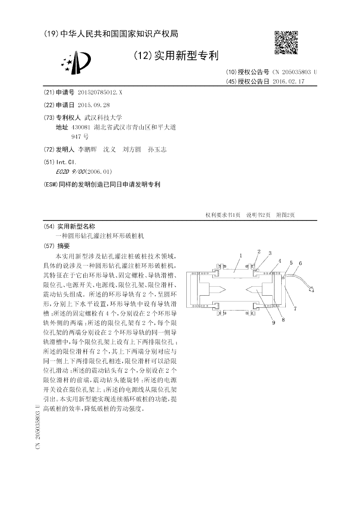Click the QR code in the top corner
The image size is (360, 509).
click(286, 42)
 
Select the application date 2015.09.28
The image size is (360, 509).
click(94, 105)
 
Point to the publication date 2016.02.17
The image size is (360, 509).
click(288, 81)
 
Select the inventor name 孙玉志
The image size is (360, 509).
click(157, 149)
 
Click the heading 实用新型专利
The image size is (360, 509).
click(186, 56)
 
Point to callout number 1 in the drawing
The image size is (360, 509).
click(241, 256)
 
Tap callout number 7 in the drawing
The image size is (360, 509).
click(295, 308)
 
